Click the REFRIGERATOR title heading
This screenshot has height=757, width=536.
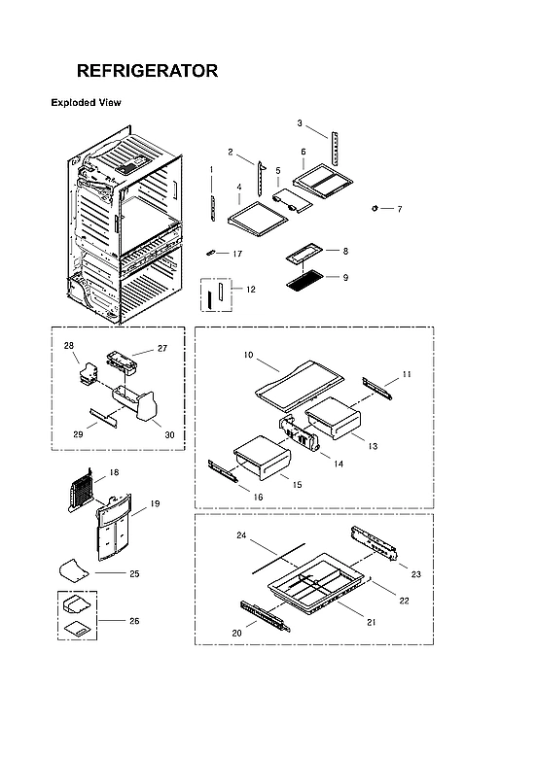tap(147, 71)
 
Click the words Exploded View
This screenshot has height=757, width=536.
tap(86, 102)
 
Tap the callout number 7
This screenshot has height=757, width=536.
tap(398, 209)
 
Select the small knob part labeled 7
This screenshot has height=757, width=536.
tap(375, 208)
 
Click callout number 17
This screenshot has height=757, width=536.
tap(237, 254)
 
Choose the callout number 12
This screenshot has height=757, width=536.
tap(251, 290)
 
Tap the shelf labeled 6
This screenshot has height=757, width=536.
tap(319, 176)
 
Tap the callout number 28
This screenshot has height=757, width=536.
tap(69, 345)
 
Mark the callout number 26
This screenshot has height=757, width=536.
tap(134, 620)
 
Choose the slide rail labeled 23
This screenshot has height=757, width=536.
tap(374, 543)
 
